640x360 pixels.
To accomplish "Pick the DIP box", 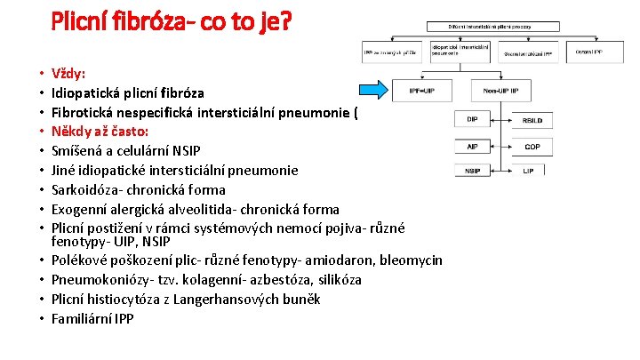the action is tap(471, 119).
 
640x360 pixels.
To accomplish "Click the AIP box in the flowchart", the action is tap(471, 145).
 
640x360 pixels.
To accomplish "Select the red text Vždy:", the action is tap(69, 73).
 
